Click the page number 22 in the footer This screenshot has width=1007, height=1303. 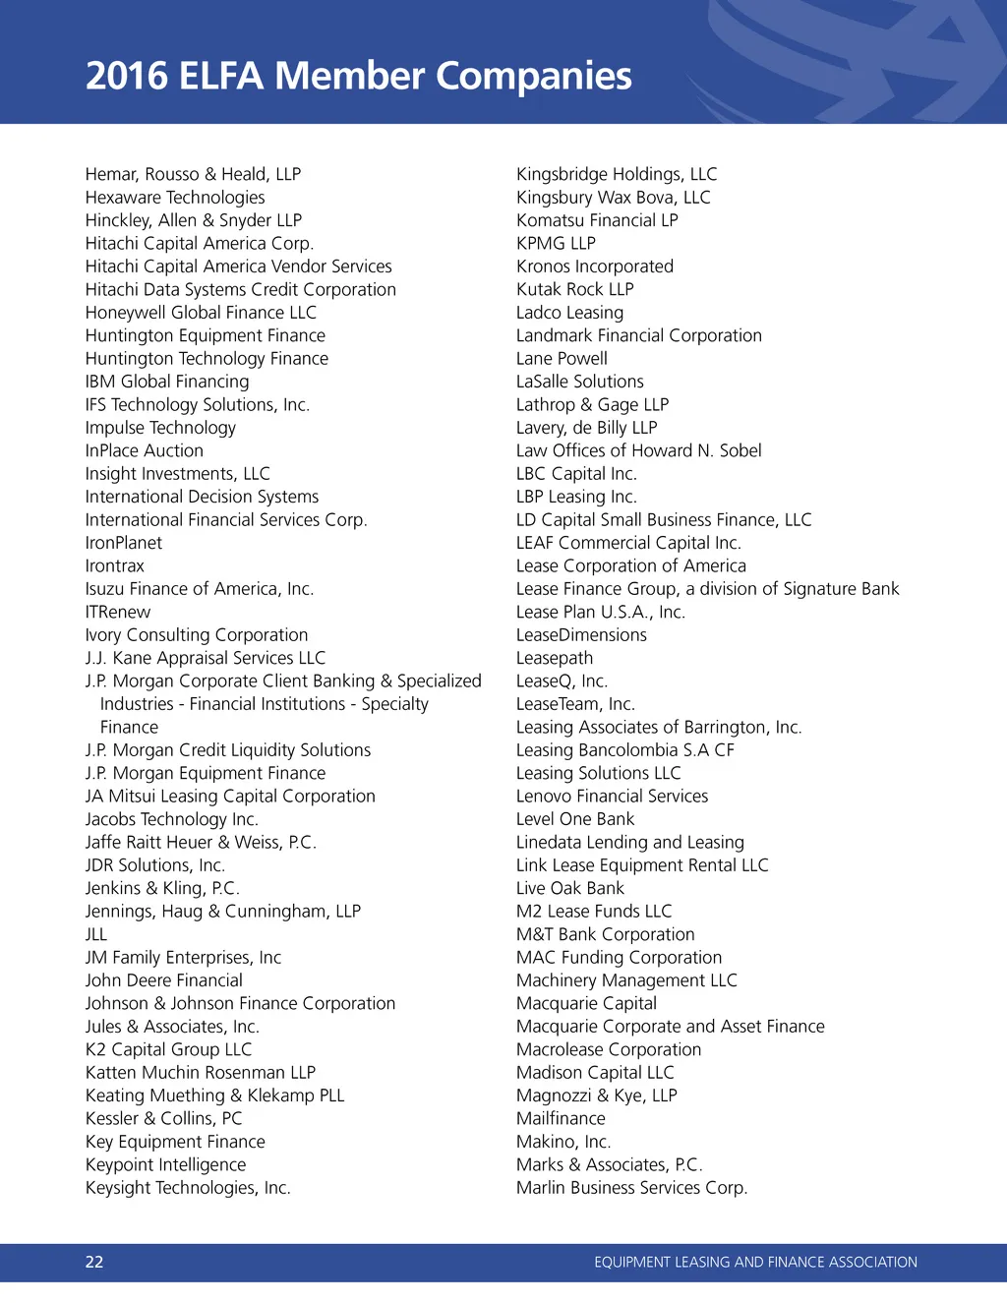[x=94, y=1262]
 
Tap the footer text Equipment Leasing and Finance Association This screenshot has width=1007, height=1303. [x=755, y=1262]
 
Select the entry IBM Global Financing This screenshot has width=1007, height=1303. [x=167, y=382]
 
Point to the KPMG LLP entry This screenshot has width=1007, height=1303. [x=556, y=243]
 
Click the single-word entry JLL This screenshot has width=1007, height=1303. [x=96, y=934]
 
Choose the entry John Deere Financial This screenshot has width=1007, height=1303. [x=164, y=980]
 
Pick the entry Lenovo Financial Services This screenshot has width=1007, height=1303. [x=612, y=796]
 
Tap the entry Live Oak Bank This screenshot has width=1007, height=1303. [x=570, y=888]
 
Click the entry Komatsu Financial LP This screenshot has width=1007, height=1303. [x=597, y=220]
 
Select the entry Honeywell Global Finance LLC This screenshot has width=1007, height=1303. [x=201, y=313]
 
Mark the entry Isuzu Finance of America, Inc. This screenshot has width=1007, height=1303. [x=200, y=589]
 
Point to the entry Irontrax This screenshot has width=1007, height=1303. [x=115, y=565]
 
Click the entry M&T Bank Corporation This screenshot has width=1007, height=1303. [x=606, y=934]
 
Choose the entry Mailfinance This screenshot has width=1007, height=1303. [x=561, y=1118]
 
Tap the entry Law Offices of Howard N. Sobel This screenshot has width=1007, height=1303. [x=639, y=450]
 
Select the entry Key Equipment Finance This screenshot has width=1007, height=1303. [x=175, y=1142]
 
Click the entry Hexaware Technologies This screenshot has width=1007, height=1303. [x=175, y=198]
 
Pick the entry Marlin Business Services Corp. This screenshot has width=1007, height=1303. [x=632, y=1188]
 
